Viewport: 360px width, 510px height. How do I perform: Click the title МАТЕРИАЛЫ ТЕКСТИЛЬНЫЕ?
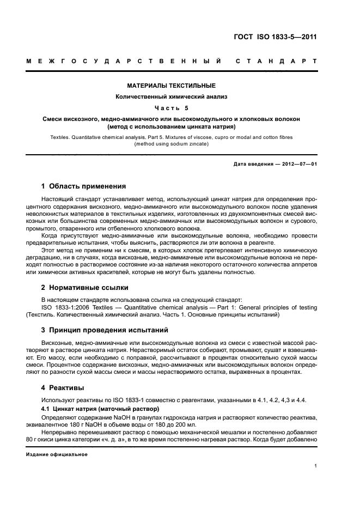click(172, 86)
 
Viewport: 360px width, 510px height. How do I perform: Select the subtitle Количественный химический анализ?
click(172, 96)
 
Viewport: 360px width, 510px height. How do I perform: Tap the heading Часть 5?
click(172, 107)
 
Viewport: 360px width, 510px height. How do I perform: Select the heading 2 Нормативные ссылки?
click(85, 287)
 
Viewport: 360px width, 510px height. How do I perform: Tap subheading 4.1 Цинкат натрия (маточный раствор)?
click(101, 408)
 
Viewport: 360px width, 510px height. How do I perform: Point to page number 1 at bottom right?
click(316, 466)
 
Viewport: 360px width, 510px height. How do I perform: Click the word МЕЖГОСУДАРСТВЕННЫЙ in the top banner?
click(124, 62)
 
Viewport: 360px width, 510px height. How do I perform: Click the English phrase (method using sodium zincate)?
click(172, 144)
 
